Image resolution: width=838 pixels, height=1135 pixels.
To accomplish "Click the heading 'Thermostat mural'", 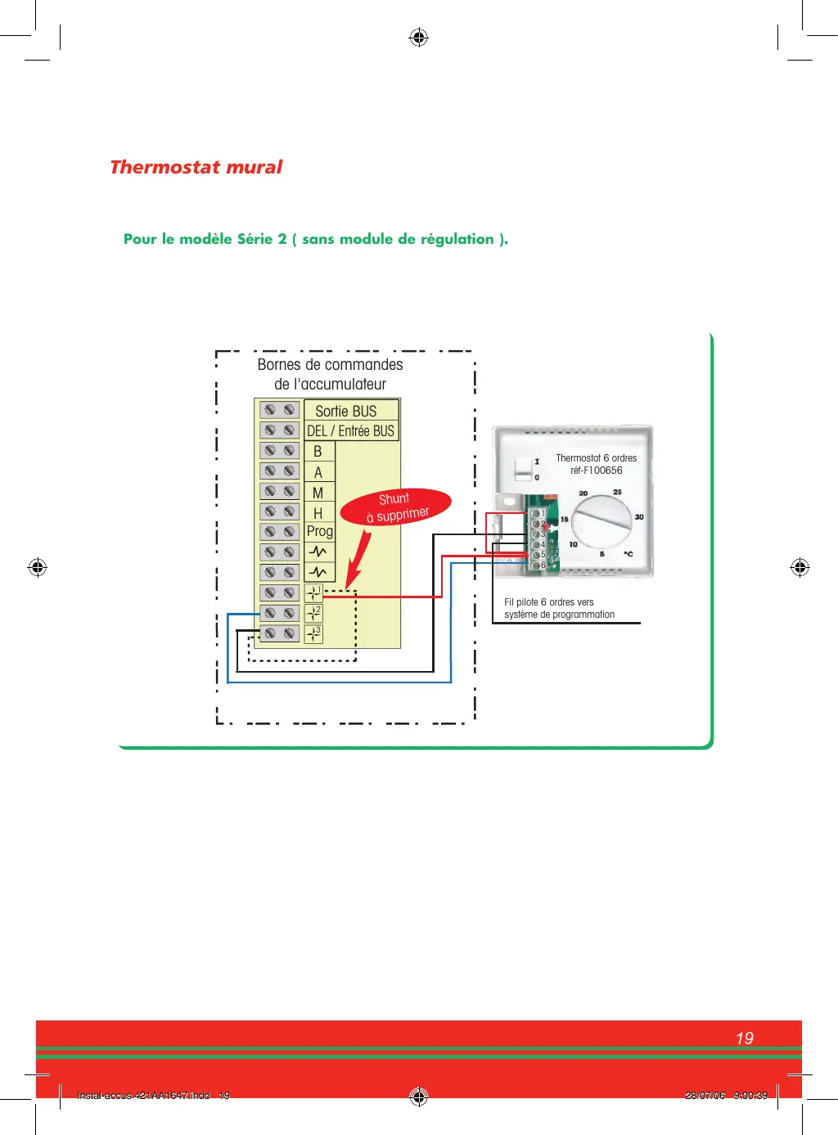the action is click(196, 167).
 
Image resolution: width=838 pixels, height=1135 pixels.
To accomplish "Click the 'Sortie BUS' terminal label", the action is click(345, 411).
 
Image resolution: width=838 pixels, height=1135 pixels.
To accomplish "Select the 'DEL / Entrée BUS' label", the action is click(350, 430).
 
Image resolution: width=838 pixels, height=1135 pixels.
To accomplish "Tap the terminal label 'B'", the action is click(318, 452).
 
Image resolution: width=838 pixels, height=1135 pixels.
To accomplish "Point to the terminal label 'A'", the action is click(318, 472).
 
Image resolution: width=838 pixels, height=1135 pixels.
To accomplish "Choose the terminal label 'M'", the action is click(318, 493).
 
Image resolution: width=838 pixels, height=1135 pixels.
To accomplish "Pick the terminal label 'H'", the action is click(318, 513).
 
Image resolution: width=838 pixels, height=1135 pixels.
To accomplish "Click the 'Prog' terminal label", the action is click(319, 531).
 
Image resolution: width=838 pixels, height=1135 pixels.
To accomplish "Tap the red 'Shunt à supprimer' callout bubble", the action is click(396, 507).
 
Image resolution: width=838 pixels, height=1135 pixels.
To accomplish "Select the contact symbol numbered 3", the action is click(313, 633).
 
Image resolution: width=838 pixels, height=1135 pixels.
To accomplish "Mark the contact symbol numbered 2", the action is click(313, 613).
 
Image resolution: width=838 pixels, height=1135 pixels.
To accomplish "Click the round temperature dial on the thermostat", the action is click(601, 521).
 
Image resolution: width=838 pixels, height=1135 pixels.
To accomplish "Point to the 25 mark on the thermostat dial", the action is click(617, 492).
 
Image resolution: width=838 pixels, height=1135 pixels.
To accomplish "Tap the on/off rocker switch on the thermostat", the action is click(522, 470).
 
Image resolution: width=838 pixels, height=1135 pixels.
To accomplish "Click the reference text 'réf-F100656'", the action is click(596, 471).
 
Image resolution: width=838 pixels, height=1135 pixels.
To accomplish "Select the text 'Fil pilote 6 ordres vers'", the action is click(548, 602).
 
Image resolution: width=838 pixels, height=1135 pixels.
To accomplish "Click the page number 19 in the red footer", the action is click(744, 1038).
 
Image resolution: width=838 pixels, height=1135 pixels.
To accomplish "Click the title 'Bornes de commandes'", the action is click(330, 364).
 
